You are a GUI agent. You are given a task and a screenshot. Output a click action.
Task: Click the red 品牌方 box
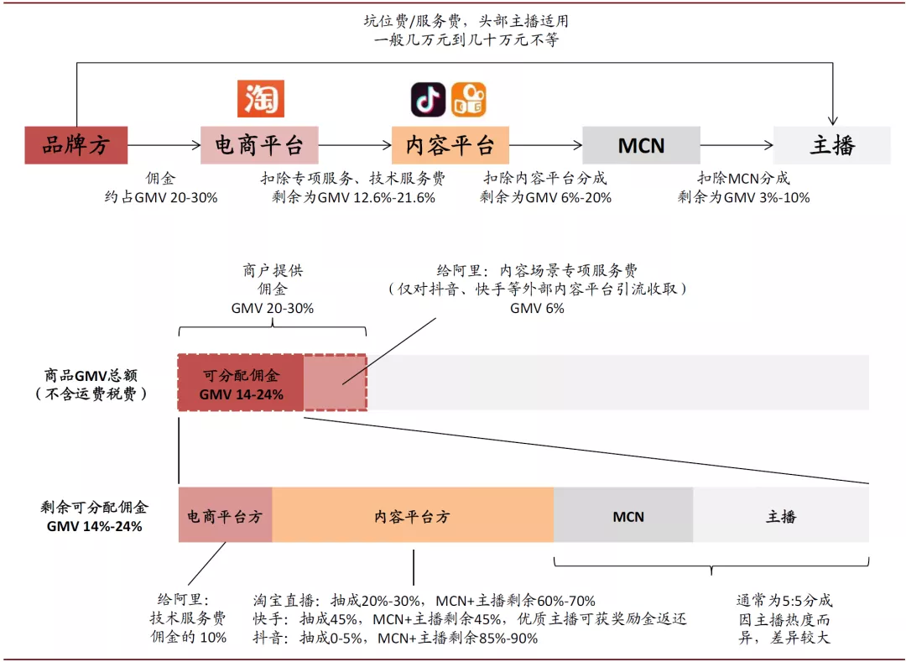75,145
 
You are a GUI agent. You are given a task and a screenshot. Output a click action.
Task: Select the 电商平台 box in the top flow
259,145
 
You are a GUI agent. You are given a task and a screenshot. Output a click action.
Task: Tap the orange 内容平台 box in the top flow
450,145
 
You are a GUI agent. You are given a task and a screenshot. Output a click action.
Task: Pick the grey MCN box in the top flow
641,145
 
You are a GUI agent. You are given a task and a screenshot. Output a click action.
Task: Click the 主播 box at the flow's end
831,145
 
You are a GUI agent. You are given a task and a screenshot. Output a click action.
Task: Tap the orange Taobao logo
261,99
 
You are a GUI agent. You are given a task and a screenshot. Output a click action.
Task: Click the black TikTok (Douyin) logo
428,100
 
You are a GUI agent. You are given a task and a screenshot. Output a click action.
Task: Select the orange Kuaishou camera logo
469,100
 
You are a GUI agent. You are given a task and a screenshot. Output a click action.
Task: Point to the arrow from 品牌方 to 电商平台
164,145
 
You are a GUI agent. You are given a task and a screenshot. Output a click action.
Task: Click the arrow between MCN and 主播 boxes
737,145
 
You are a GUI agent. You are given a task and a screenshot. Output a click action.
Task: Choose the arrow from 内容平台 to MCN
545,145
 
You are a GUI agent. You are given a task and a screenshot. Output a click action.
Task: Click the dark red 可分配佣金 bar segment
241,383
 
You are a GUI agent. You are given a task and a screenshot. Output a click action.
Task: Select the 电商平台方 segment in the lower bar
225,516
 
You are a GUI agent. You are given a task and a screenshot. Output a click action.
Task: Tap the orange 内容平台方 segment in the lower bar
413,516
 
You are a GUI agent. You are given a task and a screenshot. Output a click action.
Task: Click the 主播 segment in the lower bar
781,516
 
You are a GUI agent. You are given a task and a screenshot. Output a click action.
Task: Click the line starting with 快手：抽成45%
470,619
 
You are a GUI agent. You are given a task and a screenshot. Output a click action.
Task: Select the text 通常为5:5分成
784,601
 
